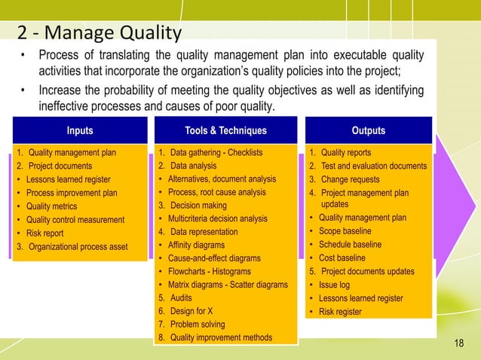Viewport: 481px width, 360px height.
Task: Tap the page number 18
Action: click(459, 344)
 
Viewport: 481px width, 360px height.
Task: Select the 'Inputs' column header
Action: click(81, 131)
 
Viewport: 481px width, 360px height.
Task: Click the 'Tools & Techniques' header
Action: click(225, 131)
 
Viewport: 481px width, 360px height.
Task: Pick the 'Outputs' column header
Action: click(368, 131)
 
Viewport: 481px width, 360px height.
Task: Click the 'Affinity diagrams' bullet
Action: click(201, 246)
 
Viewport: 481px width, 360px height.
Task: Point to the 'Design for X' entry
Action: click(191, 311)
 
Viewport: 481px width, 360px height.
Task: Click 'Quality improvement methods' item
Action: click(221, 337)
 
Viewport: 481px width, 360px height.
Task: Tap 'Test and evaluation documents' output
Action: click(373, 166)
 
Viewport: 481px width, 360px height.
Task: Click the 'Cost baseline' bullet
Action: click(345, 258)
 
